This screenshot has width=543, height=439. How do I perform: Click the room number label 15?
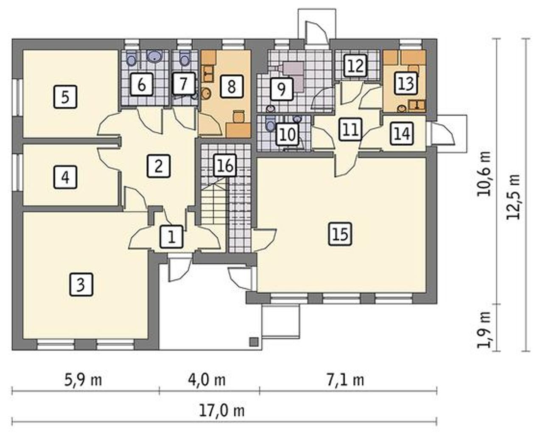point(341,234)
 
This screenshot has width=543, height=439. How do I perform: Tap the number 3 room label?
point(81,285)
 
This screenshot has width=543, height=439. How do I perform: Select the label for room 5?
point(65,97)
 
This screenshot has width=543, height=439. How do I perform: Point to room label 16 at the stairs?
point(226,165)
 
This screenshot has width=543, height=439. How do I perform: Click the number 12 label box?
point(356,66)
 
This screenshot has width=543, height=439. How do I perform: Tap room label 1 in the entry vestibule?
point(171,237)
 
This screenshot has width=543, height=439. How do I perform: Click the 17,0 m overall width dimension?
point(222,411)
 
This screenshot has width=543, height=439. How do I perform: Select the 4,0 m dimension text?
point(207,380)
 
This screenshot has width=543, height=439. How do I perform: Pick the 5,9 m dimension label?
point(83,380)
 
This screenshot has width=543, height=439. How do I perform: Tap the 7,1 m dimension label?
point(345,380)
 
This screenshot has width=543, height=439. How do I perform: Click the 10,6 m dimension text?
point(484,173)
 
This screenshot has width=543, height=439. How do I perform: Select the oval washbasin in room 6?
point(155,56)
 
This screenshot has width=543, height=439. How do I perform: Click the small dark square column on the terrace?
point(254,342)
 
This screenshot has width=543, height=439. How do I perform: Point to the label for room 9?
point(281,89)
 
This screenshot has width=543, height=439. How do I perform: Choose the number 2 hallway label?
point(158,166)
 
